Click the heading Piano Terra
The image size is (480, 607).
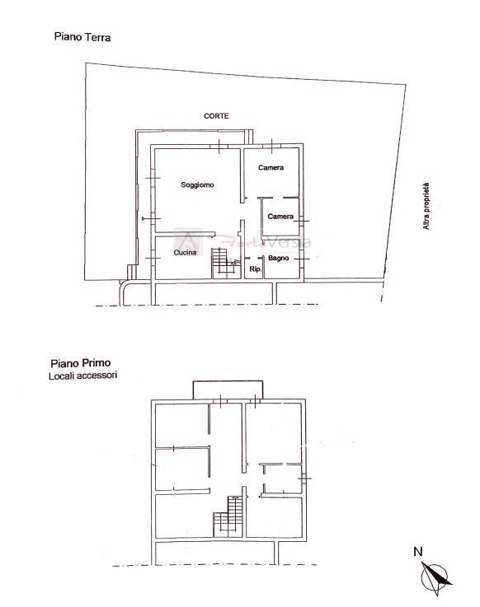[x=82, y=37]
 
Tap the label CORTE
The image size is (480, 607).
[x=217, y=116]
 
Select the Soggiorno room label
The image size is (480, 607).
[x=198, y=185]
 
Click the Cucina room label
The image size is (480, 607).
[x=185, y=253]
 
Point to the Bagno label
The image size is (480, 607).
[x=278, y=259]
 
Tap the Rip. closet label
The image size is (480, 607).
[x=255, y=269]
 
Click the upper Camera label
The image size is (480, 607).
[x=271, y=168]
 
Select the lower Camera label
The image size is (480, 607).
[x=280, y=217]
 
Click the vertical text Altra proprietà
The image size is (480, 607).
[x=426, y=206]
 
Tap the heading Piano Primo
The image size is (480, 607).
[x=82, y=362]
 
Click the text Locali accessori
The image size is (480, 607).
[x=83, y=376]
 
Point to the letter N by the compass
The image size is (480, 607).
[x=418, y=552]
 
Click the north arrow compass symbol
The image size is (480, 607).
[x=436, y=575]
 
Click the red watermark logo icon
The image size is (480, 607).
[x=189, y=242]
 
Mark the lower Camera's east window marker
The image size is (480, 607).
[x=304, y=220]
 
